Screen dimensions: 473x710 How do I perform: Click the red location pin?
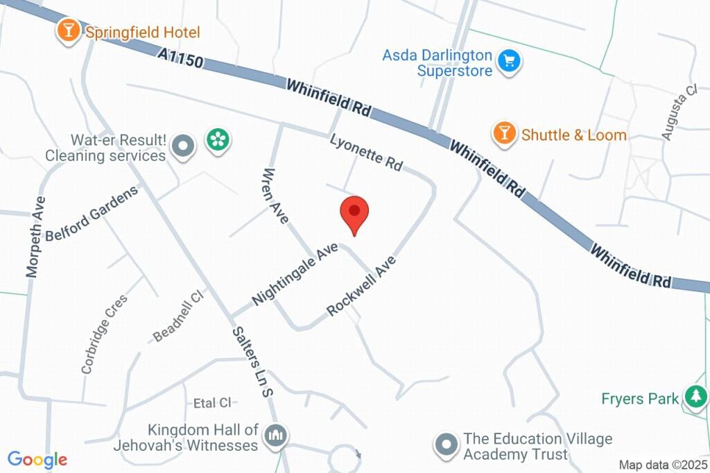point(354,214)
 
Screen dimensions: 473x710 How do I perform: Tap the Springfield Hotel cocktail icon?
point(68,31)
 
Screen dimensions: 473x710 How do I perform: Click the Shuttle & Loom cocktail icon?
point(504,133)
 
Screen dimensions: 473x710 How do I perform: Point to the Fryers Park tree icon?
point(693,397)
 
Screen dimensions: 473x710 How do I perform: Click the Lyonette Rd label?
point(366,152)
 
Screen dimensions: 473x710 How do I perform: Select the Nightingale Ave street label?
point(295,274)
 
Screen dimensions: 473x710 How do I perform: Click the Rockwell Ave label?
point(361,286)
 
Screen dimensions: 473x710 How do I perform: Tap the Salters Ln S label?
point(251,362)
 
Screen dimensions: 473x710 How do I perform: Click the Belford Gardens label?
point(92,213)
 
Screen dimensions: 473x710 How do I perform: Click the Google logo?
point(37,459)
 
